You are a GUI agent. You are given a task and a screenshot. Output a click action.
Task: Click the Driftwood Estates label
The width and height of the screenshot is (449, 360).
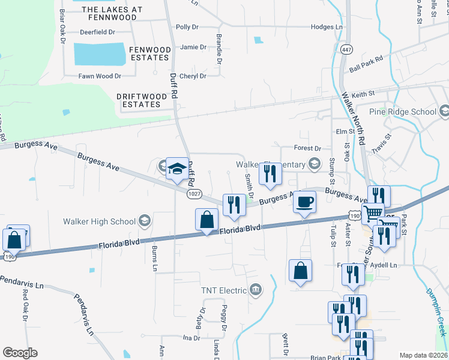tap(139, 100)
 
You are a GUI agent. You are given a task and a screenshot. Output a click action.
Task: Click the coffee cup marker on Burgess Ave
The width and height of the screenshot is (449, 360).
tap(304, 203)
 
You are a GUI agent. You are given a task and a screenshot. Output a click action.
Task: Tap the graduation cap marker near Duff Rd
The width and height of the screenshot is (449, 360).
tap(178, 169)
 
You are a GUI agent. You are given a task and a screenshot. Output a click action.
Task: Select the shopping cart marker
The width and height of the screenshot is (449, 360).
tap(373, 213)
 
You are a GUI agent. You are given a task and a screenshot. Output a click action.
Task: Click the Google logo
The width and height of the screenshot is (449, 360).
tap(20, 353)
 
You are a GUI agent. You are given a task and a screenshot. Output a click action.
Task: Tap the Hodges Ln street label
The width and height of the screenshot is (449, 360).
tap(327, 27)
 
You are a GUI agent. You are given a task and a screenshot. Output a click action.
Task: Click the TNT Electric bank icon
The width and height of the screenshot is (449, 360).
tap(256, 291)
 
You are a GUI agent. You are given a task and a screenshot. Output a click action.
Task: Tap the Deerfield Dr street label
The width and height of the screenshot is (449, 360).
tap(97, 33)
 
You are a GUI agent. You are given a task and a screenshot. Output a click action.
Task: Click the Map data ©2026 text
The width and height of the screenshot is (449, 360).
tap(423, 355)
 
